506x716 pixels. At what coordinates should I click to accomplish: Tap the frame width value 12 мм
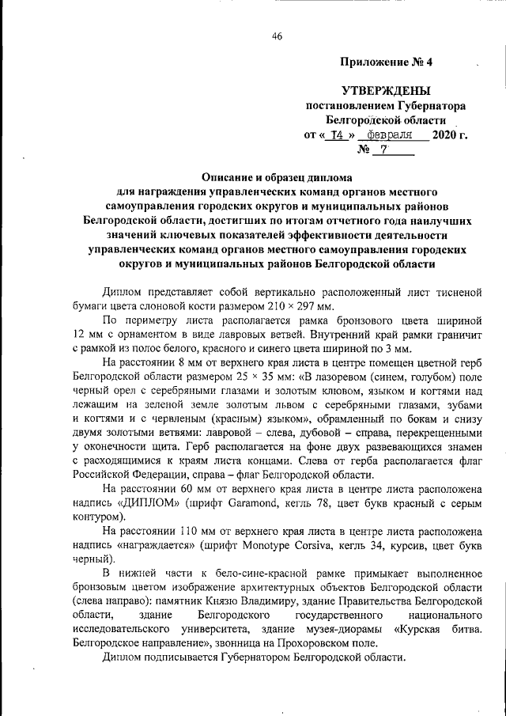(x=84, y=334)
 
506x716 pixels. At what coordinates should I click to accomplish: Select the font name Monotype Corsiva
(x=295, y=544)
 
